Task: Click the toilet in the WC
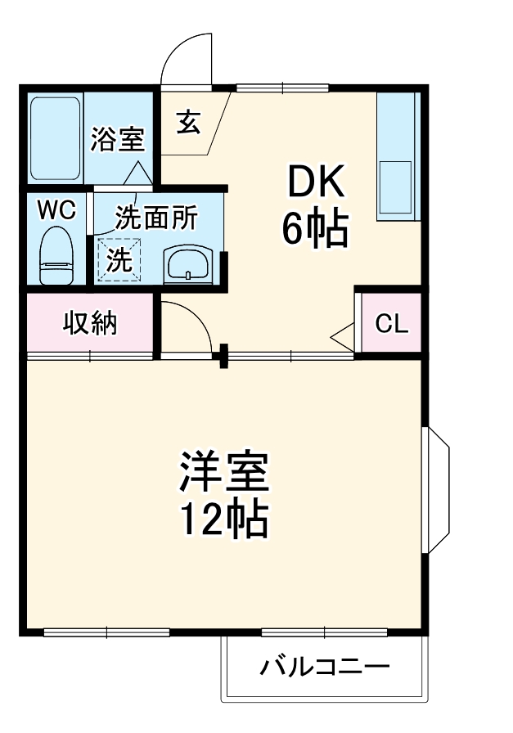(56, 256)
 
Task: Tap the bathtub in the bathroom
(55, 139)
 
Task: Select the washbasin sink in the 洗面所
(188, 265)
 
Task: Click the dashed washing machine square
(119, 260)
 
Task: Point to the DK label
(317, 181)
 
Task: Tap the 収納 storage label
(90, 322)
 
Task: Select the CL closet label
(391, 323)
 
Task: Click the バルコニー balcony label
(325, 667)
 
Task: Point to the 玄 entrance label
(189, 123)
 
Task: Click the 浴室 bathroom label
(117, 139)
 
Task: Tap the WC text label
(57, 211)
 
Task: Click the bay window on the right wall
(435, 490)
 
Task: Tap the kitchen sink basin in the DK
(395, 187)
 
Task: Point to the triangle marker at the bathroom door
(137, 173)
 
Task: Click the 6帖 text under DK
(315, 229)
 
